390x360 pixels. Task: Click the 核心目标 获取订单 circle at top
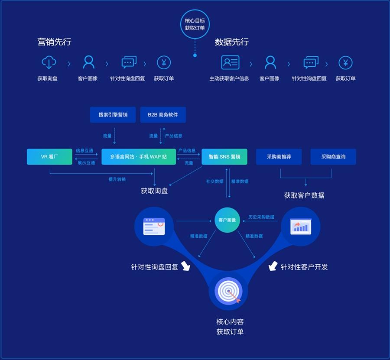tap(195, 24)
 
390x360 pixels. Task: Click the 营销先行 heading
tap(54, 42)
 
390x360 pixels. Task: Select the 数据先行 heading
tap(231, 42)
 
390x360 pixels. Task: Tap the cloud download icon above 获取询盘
tap(49, 63)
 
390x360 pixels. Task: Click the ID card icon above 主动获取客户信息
tap(230, 62)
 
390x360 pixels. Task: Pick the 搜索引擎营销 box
tap(113, 115)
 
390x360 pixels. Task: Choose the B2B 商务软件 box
tap(163, 115)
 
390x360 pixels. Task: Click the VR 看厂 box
tap(49, 157)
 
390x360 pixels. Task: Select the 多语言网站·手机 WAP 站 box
tap(139, 157)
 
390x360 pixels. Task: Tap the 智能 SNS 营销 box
tap(224, 157)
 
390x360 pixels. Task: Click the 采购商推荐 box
tap(279, 157)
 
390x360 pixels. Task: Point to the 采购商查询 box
tap(333, 157)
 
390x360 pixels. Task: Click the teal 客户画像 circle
tap(227, 220)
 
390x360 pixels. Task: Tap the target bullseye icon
tap(228, 292)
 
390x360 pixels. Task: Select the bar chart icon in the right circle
tap(300, 226)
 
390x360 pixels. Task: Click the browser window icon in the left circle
tap(154, 226)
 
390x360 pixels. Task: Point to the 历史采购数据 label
tap(261, 217)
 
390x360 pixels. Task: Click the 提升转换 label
tap(117, 179)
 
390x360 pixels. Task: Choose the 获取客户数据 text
tap(304, 195)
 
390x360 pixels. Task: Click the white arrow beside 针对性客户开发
tap(273, 266)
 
